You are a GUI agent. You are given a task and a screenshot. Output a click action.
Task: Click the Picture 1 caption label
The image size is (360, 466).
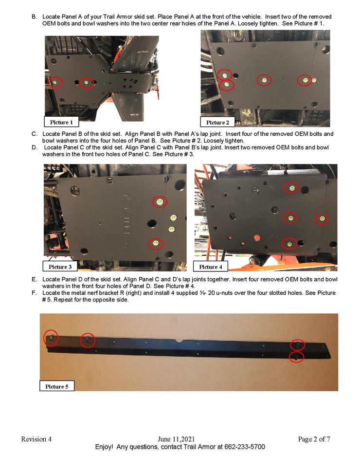click(61, 122)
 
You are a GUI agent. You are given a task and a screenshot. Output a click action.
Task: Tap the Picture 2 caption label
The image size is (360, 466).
click(217, 123)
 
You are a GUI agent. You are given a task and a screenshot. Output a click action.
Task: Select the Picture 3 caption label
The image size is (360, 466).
click(60, 267)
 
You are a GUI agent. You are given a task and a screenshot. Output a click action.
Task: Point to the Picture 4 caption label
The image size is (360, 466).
click(211, 267)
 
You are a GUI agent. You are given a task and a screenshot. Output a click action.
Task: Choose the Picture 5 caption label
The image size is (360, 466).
click(57, 386)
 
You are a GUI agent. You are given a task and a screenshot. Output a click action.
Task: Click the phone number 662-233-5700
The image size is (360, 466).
click(245, 447)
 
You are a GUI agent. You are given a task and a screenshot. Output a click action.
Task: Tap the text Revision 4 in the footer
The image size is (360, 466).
click(36, 439)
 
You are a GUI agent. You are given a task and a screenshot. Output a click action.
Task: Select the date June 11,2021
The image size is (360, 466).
click(176, 439)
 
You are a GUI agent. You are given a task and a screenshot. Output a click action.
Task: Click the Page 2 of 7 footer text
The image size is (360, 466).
click(314, 439)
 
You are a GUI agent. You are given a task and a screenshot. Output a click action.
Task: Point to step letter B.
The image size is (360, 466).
click(34, 17)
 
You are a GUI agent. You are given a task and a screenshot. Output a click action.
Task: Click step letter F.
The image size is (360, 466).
click(34, 293)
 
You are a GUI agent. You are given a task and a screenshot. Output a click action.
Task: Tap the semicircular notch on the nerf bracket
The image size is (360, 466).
click(179, 341)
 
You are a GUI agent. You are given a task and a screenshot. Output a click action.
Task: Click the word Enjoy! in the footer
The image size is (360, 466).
click(104, 447)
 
